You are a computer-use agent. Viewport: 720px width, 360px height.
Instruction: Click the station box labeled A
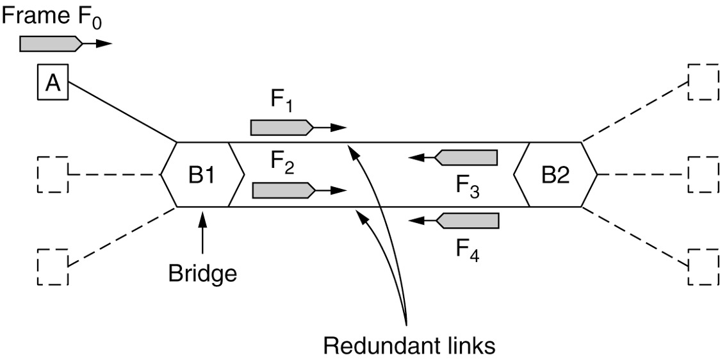53,83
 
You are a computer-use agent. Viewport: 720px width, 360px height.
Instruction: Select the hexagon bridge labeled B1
202,174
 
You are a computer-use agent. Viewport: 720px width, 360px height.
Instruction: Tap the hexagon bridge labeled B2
555,174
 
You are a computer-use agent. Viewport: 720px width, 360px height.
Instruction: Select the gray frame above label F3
466,157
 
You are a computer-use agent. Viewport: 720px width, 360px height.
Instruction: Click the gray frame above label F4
467,220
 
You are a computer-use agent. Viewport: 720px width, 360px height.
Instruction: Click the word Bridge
202,274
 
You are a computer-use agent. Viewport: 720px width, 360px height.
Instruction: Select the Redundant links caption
409,345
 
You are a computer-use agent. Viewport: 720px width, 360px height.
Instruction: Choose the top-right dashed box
703,82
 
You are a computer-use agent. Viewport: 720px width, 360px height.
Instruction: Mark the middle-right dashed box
703,174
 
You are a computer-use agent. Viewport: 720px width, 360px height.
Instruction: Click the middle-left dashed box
53,174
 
